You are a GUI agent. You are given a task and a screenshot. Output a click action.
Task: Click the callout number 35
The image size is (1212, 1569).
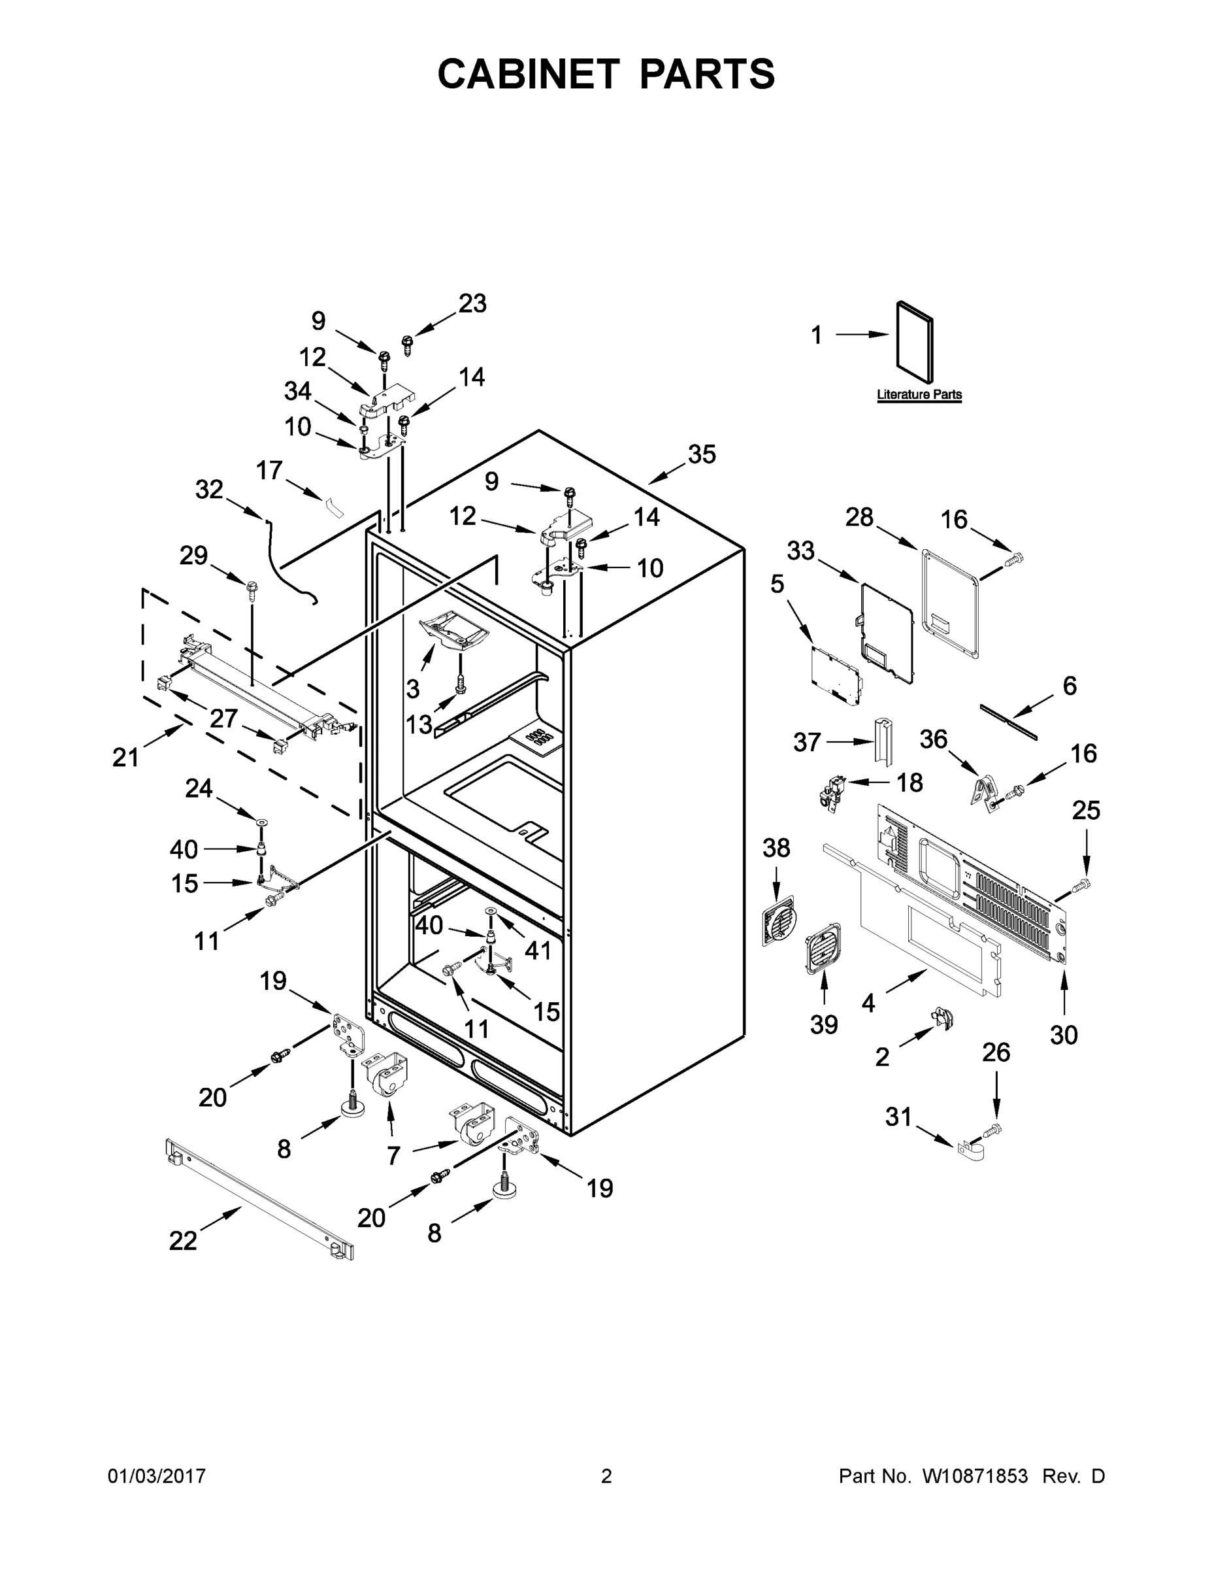click(702, 454)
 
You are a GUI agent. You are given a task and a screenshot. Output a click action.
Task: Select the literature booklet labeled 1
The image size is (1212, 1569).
click(915, 342)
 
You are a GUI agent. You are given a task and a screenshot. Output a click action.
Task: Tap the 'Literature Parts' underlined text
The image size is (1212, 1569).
click(919, 394)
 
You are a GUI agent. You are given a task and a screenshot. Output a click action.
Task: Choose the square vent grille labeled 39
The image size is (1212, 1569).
click(823, 949)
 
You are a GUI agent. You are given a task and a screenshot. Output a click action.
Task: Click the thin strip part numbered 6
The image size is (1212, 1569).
click(1008, 720)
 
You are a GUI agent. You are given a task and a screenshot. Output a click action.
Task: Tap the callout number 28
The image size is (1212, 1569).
click(859, 516)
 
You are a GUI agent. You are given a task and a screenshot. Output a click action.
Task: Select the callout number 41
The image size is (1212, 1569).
click(537, 950)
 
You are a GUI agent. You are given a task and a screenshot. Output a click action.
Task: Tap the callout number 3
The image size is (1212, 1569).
click(412, 688)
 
